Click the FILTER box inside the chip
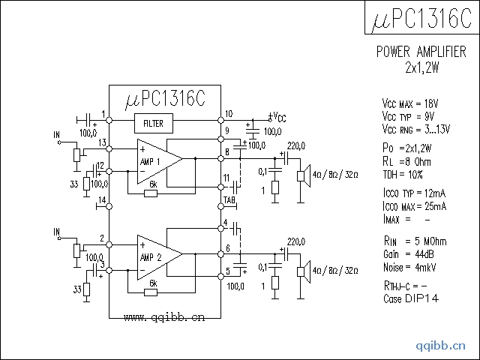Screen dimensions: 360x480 point(153,123)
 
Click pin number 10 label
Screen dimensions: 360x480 point(229,114)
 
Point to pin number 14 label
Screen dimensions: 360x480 point(101,199)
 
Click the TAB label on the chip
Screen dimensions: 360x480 point(230,199)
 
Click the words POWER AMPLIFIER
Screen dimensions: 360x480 point(421,52)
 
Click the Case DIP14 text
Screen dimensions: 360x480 point(409,298)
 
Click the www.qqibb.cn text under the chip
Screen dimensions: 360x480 point(163,317)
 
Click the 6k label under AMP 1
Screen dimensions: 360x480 point(153,184)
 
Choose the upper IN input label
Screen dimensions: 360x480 point(57,136)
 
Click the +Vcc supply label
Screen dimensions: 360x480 point(277,117)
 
